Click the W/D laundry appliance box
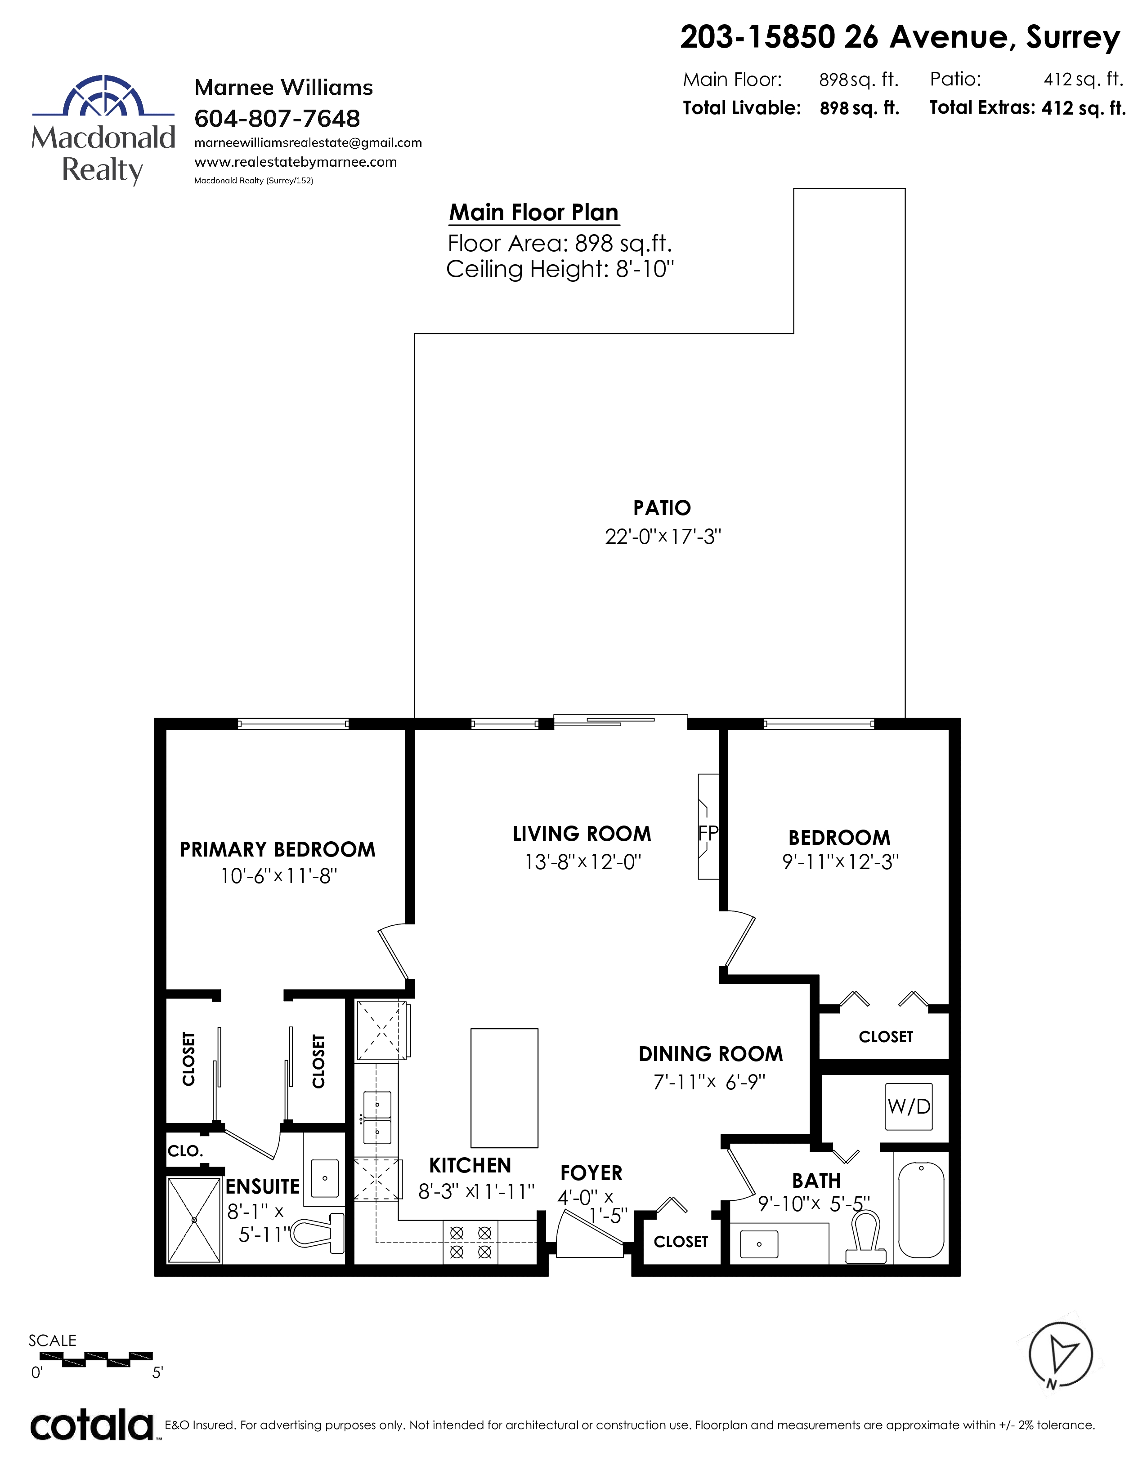909,1106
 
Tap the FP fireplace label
708,832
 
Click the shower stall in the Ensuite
194,1220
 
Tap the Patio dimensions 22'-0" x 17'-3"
663,537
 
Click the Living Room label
582,834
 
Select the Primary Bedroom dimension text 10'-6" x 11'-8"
278,876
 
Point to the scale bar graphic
97,1359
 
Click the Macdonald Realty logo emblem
103,95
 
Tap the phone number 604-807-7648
277,118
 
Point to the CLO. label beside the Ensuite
185,1150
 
